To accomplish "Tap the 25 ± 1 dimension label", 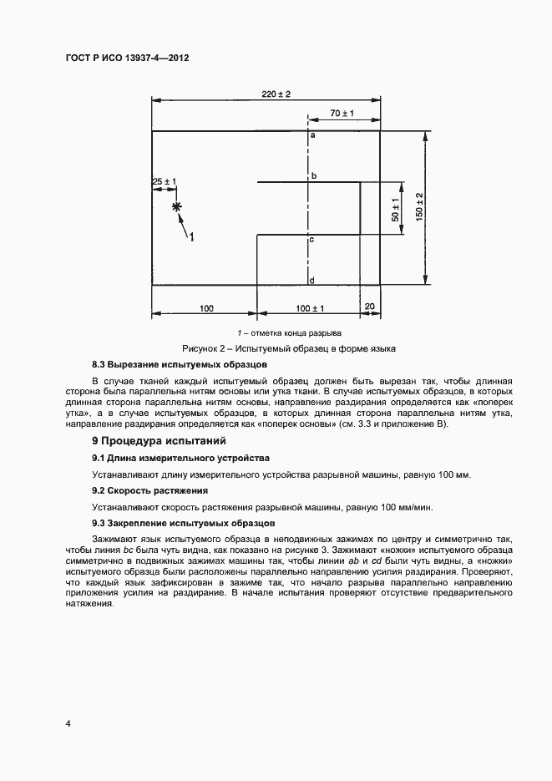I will pyautogui.click(x=164, y=181).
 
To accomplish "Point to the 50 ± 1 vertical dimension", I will pyautogui.click(x=395, y=209).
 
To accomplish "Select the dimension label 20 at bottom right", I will pyautogui.click(x=370, y=307).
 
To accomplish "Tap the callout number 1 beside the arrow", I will pyautogui.click(x=191, y=237).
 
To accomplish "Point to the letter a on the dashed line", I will pyautogui.click(x=312, y=134).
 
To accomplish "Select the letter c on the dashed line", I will pyautogui.click(x=311, y=240).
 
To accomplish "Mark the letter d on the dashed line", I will pyautogui.click(x=311, y=280).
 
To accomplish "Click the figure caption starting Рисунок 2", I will pyautogui.click(x=289, y=347).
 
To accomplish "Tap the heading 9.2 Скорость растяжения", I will pyautogui.click(x=149, y=490).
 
